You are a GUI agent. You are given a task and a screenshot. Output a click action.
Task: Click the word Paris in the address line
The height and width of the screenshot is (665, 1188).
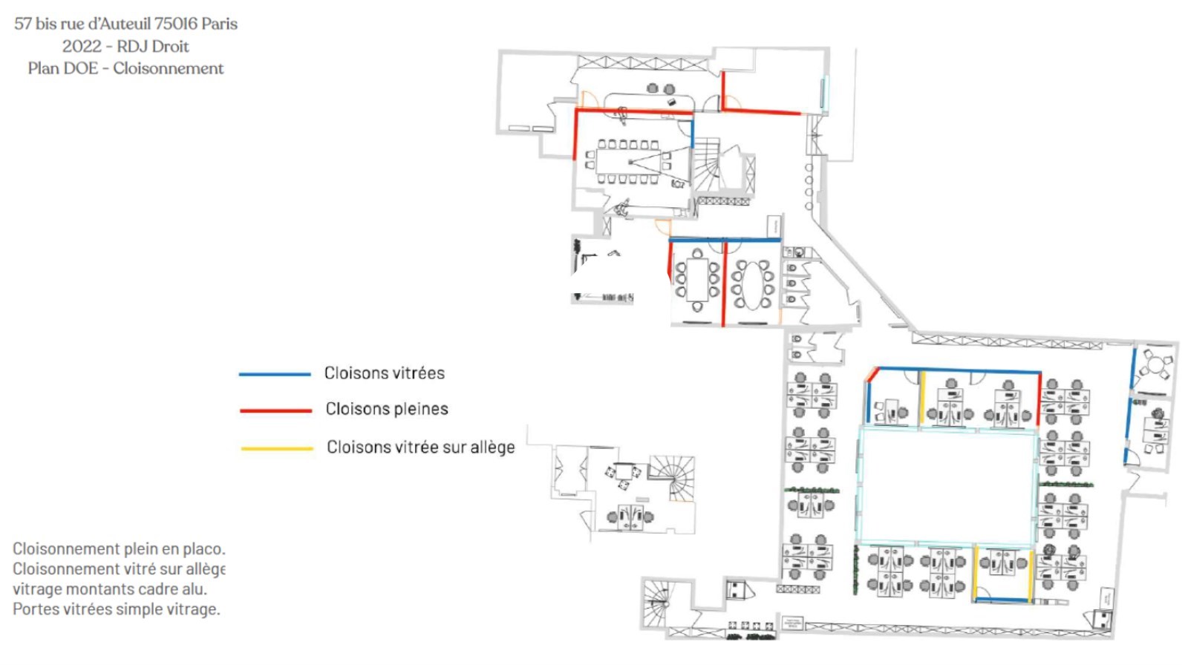219,24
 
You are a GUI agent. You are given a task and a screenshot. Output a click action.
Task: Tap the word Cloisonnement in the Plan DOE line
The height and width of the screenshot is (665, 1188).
169,68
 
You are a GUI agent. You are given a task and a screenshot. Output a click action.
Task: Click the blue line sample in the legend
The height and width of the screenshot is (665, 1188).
275,374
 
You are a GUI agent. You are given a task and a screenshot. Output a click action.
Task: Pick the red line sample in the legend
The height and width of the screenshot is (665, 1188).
275,410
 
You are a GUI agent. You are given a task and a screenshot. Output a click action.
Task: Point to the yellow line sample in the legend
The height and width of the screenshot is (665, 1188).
276,448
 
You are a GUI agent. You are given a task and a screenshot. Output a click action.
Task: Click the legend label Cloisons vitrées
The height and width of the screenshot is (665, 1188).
385,373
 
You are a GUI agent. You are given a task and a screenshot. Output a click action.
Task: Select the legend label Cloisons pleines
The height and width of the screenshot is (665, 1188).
387,409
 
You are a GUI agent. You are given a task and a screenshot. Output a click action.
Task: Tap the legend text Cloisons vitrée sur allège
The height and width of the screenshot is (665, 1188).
421,448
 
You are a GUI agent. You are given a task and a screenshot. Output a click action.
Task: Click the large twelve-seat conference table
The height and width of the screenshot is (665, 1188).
629,161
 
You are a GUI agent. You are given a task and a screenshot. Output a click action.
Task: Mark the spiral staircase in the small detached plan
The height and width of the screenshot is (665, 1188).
672,477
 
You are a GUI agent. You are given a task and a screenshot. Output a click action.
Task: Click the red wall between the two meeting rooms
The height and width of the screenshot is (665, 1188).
724,284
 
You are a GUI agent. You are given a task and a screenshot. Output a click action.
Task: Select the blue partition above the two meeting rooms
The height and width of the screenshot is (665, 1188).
725,240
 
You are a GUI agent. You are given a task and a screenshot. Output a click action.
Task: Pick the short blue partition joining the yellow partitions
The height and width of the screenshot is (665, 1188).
1002,599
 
